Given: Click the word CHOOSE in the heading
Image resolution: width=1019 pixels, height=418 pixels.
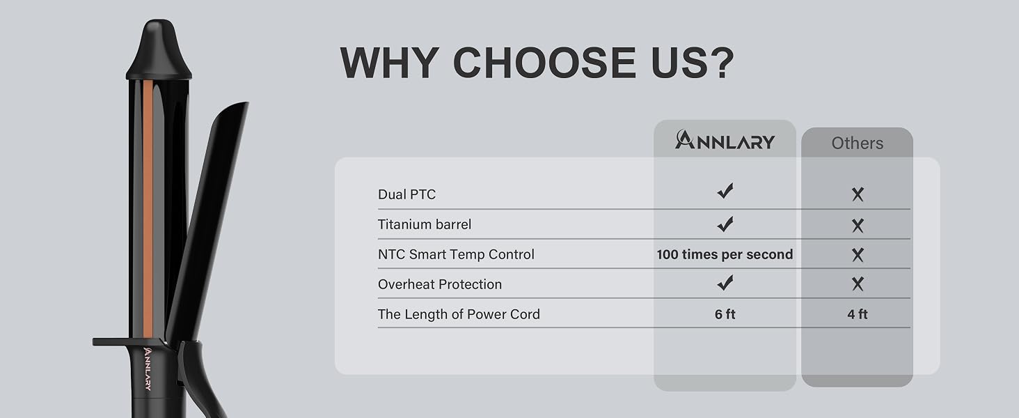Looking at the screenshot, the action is pos(544,63).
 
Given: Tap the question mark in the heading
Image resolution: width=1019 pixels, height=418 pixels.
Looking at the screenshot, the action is pos(720,63).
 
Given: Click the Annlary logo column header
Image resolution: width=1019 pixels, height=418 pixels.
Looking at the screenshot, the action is pos(725,140).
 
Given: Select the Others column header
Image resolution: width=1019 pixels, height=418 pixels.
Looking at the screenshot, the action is pos(857,143).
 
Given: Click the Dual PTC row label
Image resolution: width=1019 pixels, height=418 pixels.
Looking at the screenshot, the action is pos(406,194).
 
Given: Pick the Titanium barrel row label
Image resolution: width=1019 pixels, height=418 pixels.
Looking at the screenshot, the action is pos(425,224).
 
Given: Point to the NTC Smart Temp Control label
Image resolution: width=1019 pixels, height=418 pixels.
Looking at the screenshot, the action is pos(456,254).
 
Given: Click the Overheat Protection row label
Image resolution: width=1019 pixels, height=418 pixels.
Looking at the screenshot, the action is pos(439,284).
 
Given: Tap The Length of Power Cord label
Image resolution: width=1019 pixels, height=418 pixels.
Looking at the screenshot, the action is pos(459,314).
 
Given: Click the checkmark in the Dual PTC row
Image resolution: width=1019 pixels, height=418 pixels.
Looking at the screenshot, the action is pos(725,191).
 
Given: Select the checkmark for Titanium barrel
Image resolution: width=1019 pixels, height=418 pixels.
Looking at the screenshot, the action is pos(725,224).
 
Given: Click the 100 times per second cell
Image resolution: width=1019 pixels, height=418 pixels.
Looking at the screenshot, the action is pos(725,254).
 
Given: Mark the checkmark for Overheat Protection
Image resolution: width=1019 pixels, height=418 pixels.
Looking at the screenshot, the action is pos(725,283).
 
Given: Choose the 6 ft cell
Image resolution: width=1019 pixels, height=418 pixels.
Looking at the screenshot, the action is pos(725,314).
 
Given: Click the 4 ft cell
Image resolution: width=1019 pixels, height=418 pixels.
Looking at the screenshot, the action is pos(858,314).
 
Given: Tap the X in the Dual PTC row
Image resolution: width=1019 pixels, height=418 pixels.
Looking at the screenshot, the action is pos(858,194).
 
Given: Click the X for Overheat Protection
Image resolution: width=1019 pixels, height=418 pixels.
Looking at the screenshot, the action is pos(858,284).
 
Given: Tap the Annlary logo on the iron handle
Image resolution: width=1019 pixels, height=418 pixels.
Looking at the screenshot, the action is pos(148,369).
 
